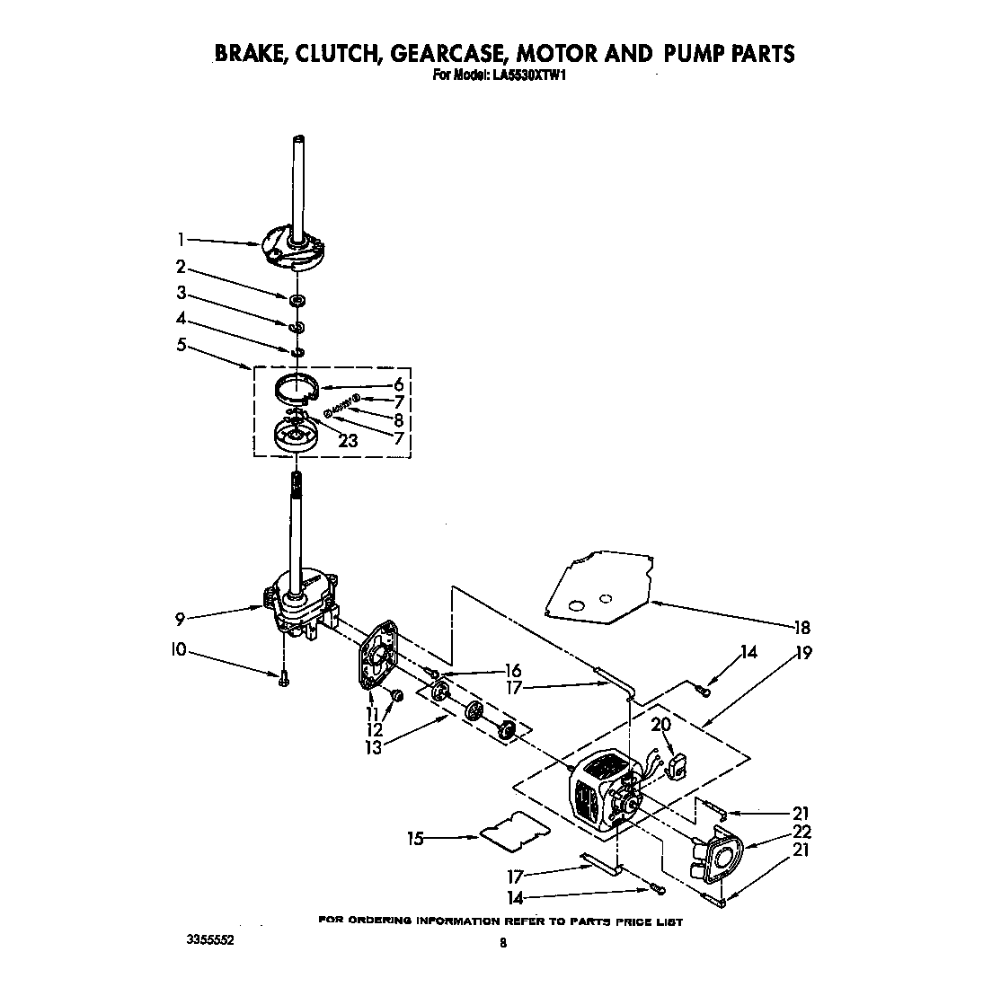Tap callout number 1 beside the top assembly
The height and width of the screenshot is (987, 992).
[181, 239]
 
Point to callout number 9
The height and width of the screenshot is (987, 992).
[181, 618]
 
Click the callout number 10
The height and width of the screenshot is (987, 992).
[179, 649]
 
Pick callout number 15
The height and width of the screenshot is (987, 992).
[415, 840]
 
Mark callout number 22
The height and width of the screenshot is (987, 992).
[802, 831]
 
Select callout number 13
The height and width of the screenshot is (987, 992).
[373, 748]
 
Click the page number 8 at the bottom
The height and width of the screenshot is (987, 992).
[503, 942]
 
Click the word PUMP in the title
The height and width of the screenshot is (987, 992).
[693, 54]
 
